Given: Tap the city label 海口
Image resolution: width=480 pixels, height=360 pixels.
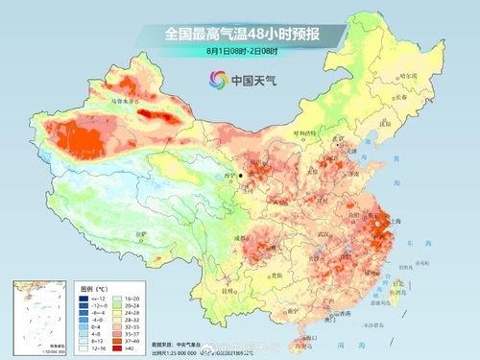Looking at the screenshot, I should (x=303, y=331).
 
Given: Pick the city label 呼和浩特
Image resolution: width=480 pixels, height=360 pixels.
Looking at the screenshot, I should (x=305, y=133).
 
